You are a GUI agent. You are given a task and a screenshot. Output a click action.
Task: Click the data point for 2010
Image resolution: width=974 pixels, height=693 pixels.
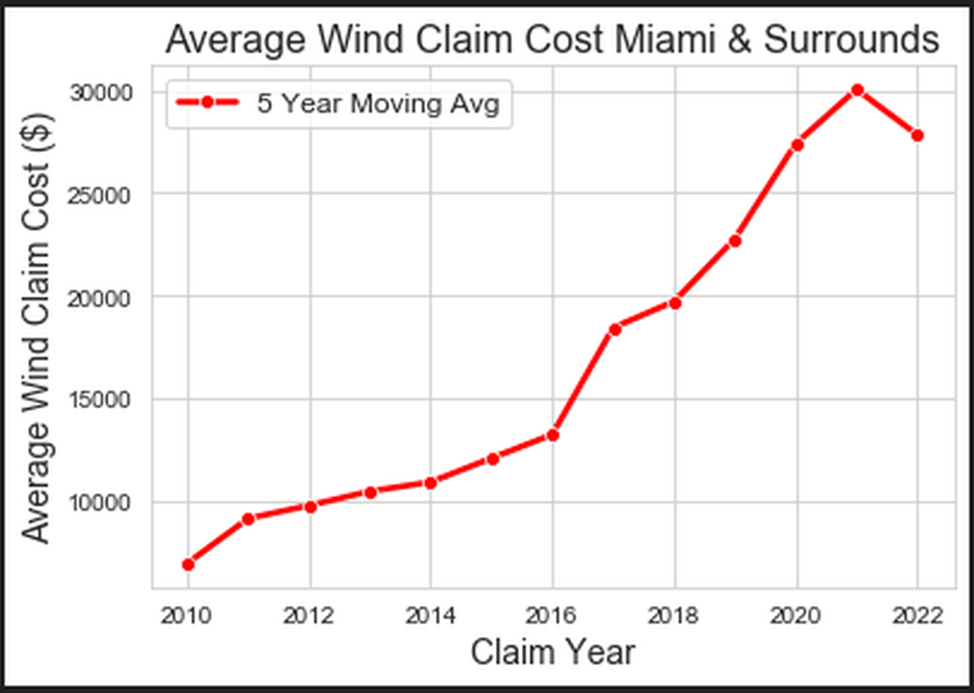click(x=188, y=564)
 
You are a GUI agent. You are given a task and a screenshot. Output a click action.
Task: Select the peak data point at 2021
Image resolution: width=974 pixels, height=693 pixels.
click(x=858, y=90)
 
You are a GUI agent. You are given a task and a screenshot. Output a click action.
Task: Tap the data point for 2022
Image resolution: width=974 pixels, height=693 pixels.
click(x=918, y=135)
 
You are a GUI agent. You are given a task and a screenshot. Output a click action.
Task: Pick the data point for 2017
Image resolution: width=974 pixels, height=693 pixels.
click(x=614, y=329)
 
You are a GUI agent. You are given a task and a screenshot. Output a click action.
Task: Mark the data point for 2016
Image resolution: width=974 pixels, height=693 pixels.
click(x=553, y=435)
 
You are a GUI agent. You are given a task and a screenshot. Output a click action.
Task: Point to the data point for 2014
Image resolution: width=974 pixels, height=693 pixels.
click(x=431, y=483)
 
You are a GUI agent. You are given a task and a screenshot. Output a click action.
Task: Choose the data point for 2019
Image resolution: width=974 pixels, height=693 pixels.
click(x=735, y=241)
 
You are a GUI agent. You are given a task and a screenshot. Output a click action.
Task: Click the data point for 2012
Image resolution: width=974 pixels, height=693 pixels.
click(x=310, y=507)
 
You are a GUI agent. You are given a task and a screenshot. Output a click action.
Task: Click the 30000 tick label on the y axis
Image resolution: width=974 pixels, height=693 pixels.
click(x=103, y=92)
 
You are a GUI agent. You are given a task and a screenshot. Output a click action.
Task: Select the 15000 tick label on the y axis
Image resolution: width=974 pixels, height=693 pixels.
click(x=103, y=400)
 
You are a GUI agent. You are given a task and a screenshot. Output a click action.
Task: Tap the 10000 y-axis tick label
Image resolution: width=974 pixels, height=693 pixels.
click(x=103, y=502)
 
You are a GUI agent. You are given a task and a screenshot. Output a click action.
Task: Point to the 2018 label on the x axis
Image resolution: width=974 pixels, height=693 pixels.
click(x=675, y=616)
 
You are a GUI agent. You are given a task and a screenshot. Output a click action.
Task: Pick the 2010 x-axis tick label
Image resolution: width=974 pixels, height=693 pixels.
click(x=188, y=616)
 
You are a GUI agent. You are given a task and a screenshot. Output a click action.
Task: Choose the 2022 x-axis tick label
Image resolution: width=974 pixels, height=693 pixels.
click(x=918, y=616)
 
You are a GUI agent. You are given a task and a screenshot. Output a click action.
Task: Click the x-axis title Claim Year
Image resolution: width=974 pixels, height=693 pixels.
click(x=553, y=653)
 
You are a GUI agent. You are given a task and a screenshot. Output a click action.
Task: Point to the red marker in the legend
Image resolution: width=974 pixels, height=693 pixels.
click(x=207, y=103)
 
